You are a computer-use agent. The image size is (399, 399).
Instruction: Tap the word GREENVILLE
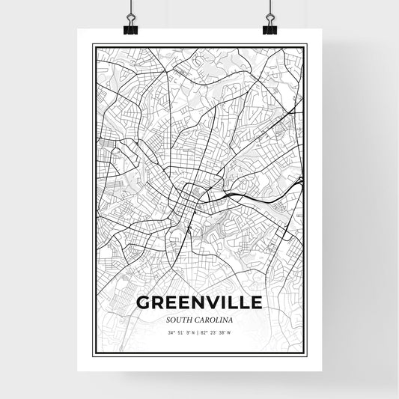[198, 303]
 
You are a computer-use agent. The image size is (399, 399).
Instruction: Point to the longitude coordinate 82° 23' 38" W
[217, 332]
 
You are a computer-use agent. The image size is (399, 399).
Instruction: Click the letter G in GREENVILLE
[143, 303]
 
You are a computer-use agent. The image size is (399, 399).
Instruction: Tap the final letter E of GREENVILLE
[256, 303]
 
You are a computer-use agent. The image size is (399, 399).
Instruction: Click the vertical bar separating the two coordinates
[198, 332]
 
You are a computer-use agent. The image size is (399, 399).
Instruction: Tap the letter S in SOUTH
[169, 320]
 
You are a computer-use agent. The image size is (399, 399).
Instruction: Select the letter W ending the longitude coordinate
[228, 332]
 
